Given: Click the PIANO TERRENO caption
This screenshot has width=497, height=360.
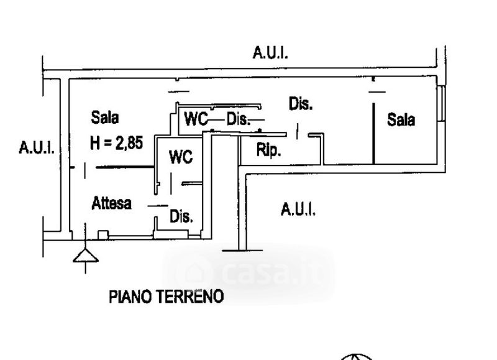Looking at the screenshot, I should pyautogui.click(x=166, y=297).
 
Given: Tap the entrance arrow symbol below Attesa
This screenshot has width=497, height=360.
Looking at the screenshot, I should pyautogui.click(x=84, y=256).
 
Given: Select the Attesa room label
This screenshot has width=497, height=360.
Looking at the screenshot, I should pyautogui.click(x=112, y=203).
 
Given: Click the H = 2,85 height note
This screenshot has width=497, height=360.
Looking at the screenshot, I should pyautogui.click(x=116, y=143).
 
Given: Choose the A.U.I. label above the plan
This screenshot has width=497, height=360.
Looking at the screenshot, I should pyautogui.click(x=270, y=53).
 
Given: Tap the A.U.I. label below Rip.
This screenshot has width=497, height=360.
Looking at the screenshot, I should pyautogui.click(x=298, y=210).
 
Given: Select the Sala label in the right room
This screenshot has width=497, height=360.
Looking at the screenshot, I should pyautogui.click(x=401, y=119).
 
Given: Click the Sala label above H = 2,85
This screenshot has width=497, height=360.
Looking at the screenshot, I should pyautogui.click(x=105, y=117).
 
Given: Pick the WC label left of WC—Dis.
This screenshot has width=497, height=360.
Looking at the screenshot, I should pyautogui.click(x=195, y=119).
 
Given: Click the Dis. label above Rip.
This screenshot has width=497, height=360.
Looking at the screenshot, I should pyautogui.click(x=301, y=104).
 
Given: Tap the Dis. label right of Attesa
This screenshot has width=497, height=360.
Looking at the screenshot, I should pyautogui.click(x=181, y=217).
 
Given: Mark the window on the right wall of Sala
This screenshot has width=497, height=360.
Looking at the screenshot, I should pyautogui.click(x=442, y=103).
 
